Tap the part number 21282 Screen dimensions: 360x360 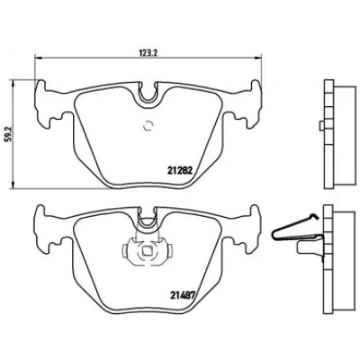[179, 170]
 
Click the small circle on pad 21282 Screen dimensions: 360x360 [148, 126]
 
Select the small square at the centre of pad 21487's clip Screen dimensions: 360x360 [147, 249]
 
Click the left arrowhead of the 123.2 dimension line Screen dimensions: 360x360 [38, 57]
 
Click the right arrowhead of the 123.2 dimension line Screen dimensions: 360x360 [260, 56]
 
